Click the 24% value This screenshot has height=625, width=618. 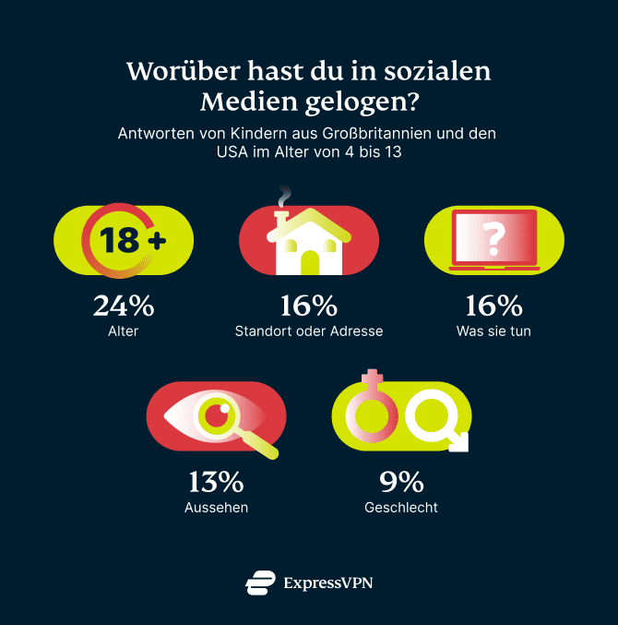tap(124, 306)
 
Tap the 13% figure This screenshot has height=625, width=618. tap(217, 482)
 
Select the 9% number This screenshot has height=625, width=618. tap(401, 482)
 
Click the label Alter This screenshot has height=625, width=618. tap(124, 331)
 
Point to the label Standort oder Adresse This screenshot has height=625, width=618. tap(309, 331)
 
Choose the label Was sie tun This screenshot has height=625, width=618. tap(493, 331)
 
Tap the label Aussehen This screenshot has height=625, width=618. tap(217, 507)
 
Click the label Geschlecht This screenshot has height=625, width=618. tap(401, 507)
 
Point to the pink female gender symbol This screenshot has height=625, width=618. tap(371, 411)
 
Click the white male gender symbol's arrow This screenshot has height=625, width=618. tap(458, 442)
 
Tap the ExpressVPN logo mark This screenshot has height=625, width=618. tap(260, 583)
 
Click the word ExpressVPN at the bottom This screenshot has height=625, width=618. tap(328, 583)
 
